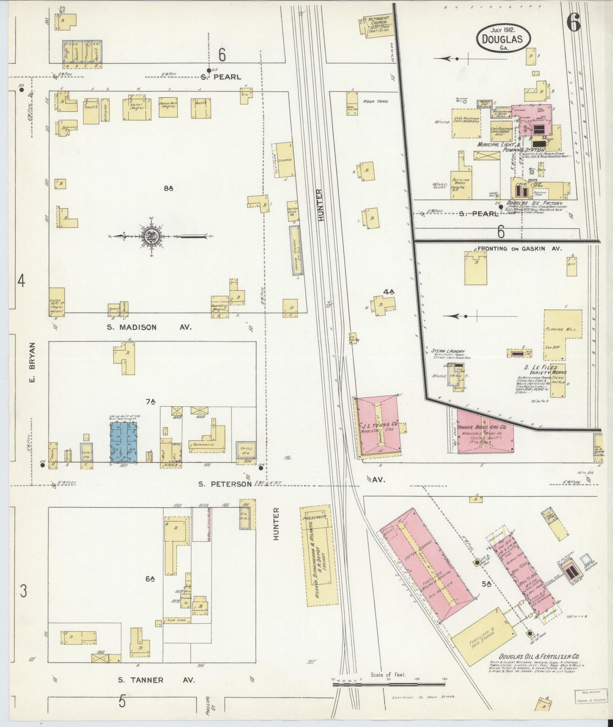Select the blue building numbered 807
pyautogui.click(x=124, y=442)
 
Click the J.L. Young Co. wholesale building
pyautogui.click(x=379, y=427)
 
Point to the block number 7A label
pyautogui.click(x=151, y=402)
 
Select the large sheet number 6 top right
pyautogui.click(x=574, y=22)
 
